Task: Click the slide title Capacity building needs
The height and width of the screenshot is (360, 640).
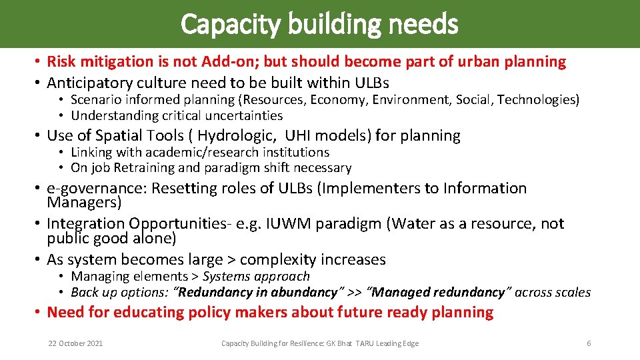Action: coord(319,25)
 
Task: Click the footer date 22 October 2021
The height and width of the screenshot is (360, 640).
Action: coord(75,343)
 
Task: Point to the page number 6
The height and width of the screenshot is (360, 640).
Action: coord(589,343)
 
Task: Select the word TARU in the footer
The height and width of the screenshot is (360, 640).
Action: coord(364,343)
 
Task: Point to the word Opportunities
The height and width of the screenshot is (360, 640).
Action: coord(179,224)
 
